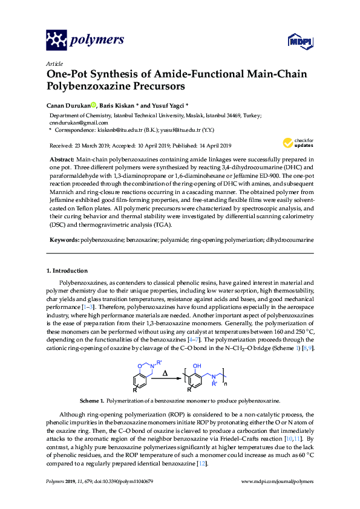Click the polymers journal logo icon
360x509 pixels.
tap(57, 41)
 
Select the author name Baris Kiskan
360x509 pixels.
tap(120, 104)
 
